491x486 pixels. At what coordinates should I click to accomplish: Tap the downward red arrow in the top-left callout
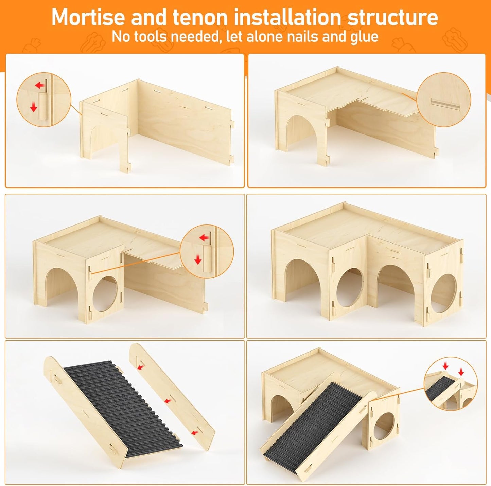33,108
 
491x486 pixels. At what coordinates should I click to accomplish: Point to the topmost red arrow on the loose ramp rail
140,367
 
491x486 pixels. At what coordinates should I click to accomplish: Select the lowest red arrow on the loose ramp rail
195,432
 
